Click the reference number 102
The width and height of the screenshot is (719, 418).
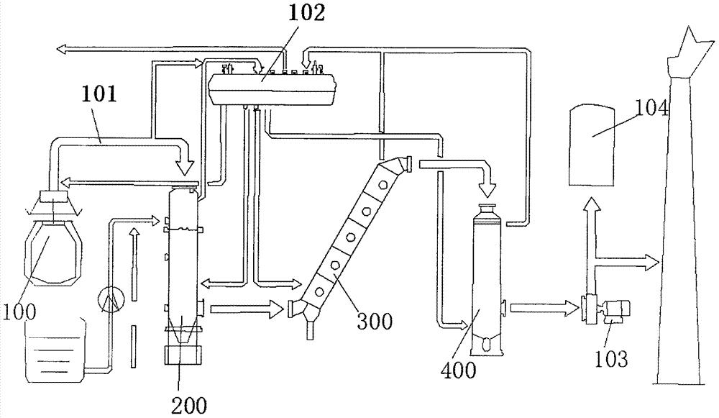coord(306,12)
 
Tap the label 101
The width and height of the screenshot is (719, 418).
coord(99,94)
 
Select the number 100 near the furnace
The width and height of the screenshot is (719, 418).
coord(19,312)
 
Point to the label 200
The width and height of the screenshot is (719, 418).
coord(189,405)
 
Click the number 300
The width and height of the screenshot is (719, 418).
coord(375,321)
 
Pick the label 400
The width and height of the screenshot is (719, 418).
coord(458,370)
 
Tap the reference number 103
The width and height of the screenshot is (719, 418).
coord(610,358)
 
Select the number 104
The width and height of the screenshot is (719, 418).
coord(651,109)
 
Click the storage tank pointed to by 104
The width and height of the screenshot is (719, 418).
coord(592,145)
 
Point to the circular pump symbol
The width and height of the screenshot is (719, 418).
coord(111,301)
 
